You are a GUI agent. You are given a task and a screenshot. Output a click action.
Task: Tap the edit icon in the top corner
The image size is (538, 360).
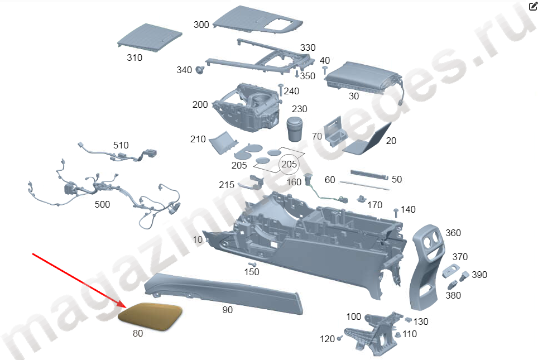tap(532, 6)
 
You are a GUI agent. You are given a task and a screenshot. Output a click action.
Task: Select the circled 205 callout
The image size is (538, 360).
tap(289, 164)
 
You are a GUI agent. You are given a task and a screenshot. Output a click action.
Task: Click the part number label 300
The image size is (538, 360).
tap(201, 25)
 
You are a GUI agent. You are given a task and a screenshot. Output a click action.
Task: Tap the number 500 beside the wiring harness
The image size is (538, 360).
tap(102, 204)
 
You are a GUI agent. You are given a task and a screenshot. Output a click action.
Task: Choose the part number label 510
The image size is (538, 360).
tap(121, 145)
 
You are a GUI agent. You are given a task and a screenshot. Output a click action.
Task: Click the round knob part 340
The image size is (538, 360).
tap(200, 70)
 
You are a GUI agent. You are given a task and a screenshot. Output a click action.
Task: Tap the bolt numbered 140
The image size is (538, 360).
tap(396, 212)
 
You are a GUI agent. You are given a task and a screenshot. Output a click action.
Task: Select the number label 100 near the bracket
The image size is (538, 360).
tap(353, 316)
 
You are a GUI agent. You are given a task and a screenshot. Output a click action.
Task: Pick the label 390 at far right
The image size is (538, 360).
tap(479, 275)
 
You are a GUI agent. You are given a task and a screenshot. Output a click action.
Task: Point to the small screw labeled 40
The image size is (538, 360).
tap(325, 69)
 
